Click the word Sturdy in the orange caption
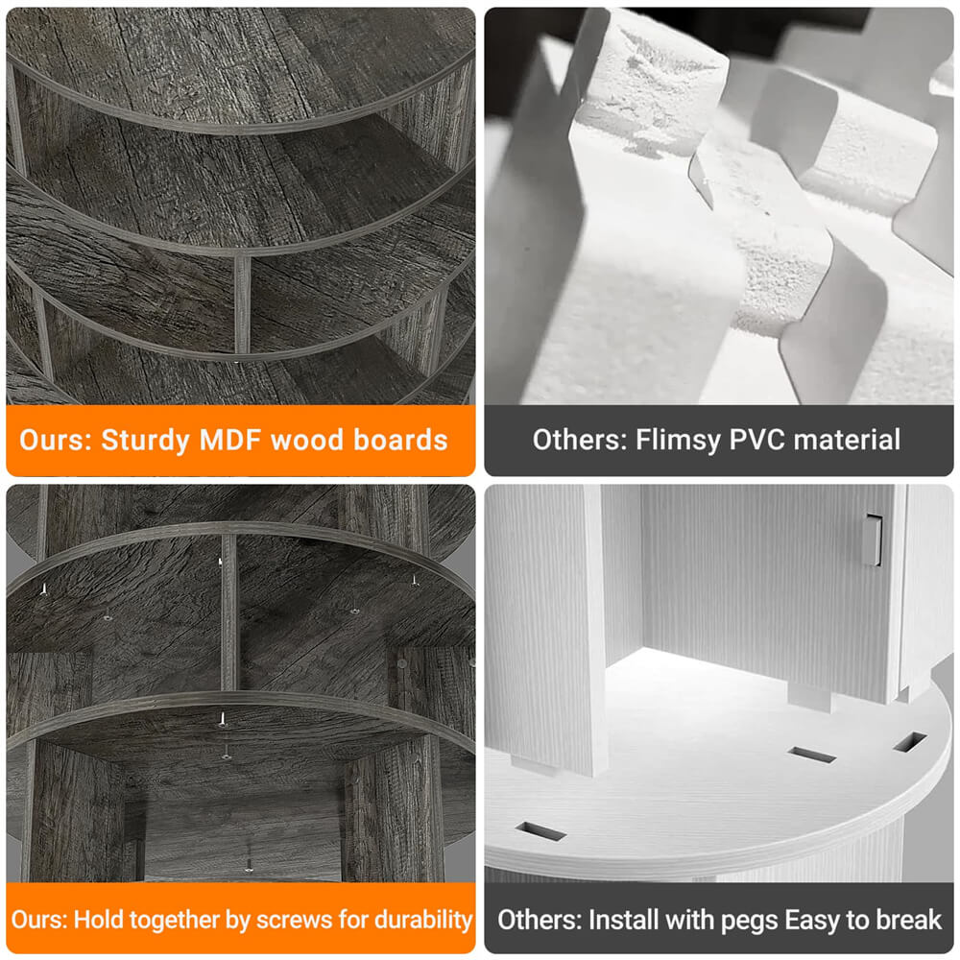tap(145, 442)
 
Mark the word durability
tap(423, 921)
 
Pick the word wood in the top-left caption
tap(308, 440)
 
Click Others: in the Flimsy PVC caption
tap(580, 440)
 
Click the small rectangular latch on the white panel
tap(873, 540)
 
